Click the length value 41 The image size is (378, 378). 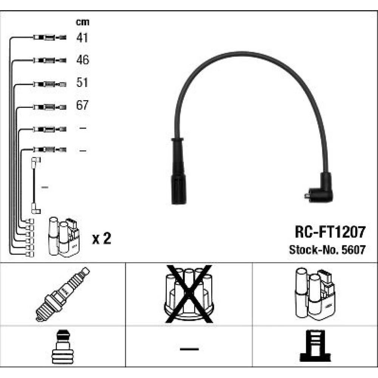(82, 37)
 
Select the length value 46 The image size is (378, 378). (82, 60)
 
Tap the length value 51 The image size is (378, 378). (82, 82)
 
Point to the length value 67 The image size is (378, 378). (82, 105)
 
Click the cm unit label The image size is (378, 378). (83, 22)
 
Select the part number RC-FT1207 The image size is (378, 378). (330, 232)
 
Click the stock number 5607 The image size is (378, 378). (353, 250)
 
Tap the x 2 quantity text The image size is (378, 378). (102, 239)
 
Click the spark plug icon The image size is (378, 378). (63, 294)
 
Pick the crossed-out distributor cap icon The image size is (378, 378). (189, 294)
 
